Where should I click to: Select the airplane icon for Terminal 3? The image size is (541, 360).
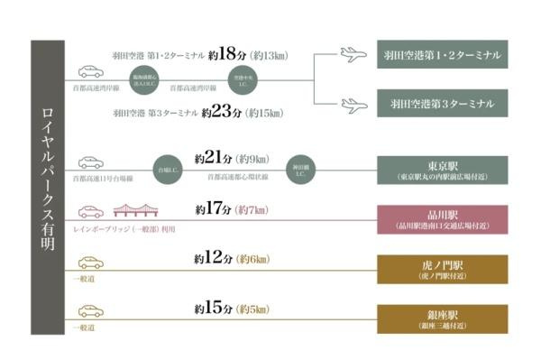pos(356,105)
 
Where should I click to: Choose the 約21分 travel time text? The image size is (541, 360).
pos(214,159)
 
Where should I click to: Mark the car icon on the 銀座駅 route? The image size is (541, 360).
pos(91,311)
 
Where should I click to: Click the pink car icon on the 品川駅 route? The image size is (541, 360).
pos(91,212)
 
